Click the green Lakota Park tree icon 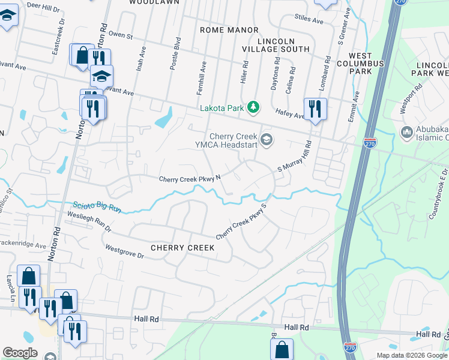coord(253,107)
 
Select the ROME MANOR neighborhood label coord(229,30)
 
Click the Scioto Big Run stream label coord(97,207)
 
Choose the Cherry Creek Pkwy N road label coord(190,179)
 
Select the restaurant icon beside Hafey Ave coord(315,109)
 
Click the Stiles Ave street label coord(309,20)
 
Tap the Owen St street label coord(120,35)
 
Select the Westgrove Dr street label coord(125,251)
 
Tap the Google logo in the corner coord(20,352)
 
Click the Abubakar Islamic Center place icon coord(406,132)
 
